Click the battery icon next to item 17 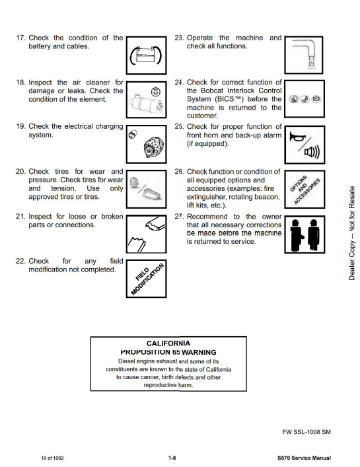[x=146, y=55]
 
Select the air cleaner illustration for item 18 [x=146, y=100]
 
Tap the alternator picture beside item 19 [x=146, y=144]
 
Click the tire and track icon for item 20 [x=146, y=189]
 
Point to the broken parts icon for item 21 [x=146, y=234]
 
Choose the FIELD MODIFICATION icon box [x=146, y=279]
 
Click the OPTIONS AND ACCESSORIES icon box [x=305, y=189]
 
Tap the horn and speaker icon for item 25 [x=305, y=145]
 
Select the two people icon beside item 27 [x=305, y=234]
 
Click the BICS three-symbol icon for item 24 [x=305, y=99]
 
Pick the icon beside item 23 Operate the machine [x=304, y=55]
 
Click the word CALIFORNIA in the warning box [x=168, y=343]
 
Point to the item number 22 [x=21, y=261]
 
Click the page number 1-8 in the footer [x=172, y=458]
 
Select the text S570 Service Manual [x=304, y=458]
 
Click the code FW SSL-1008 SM [x=306, y=432]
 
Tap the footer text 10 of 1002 [x=52, y=458]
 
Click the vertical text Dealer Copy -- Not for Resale [x=352, y=233]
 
